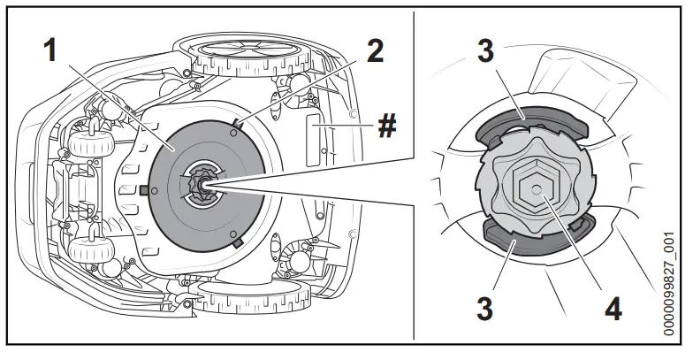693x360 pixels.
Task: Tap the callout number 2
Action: [375, 50]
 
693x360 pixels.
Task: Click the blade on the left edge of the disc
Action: [143, 189]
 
